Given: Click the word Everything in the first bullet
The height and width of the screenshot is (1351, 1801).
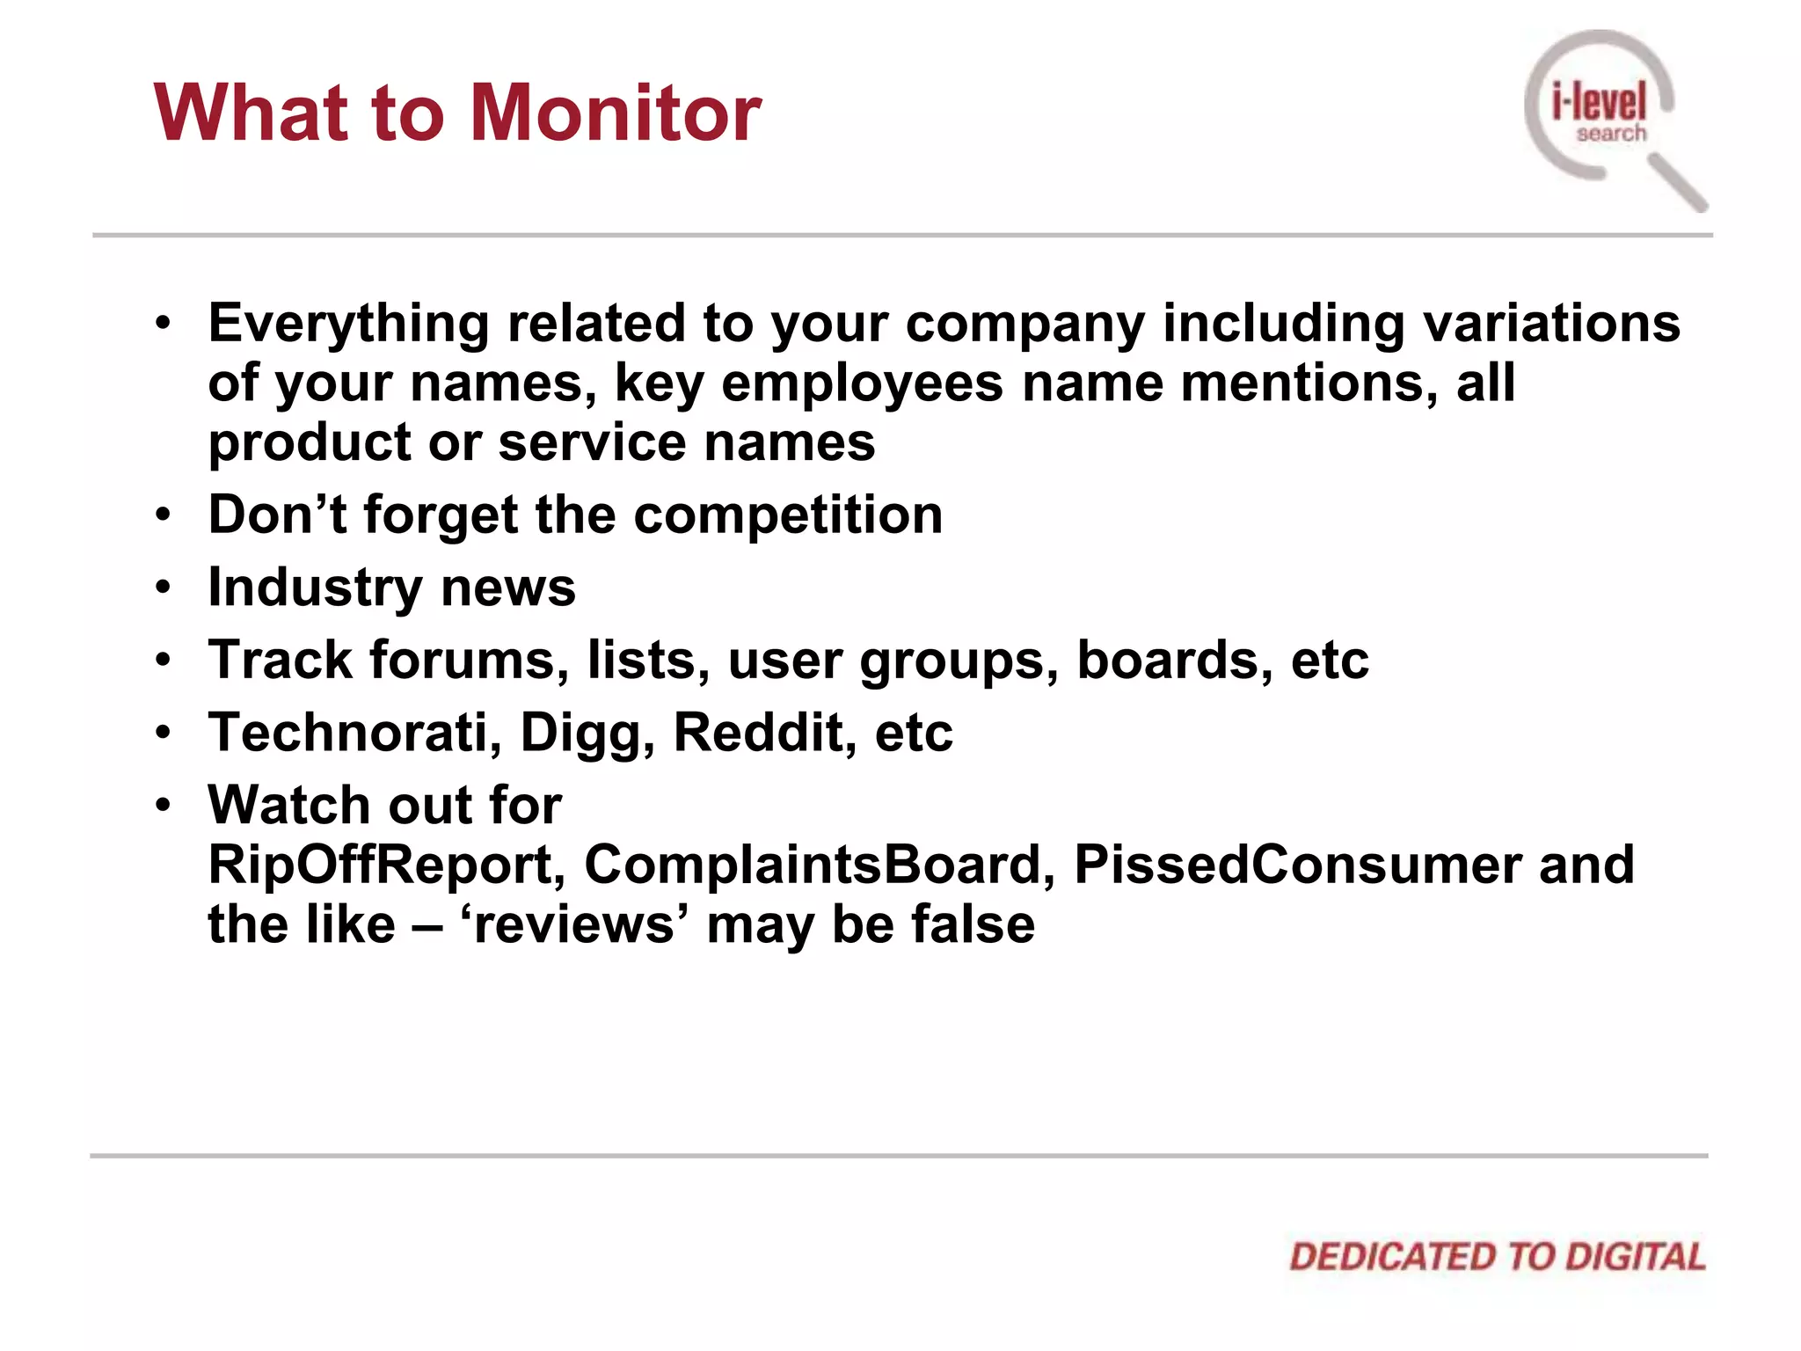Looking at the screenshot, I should click(x=348, y=324).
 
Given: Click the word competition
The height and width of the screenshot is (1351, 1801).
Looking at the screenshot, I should click(x=788, y=515).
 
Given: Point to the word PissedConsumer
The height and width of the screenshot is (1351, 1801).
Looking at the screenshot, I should click(x=1298, y=865).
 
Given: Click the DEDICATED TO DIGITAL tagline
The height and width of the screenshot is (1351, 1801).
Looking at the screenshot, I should click(x=1497, y=1256).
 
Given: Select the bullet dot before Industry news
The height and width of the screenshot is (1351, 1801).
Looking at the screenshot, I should click(x=163, y=588).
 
